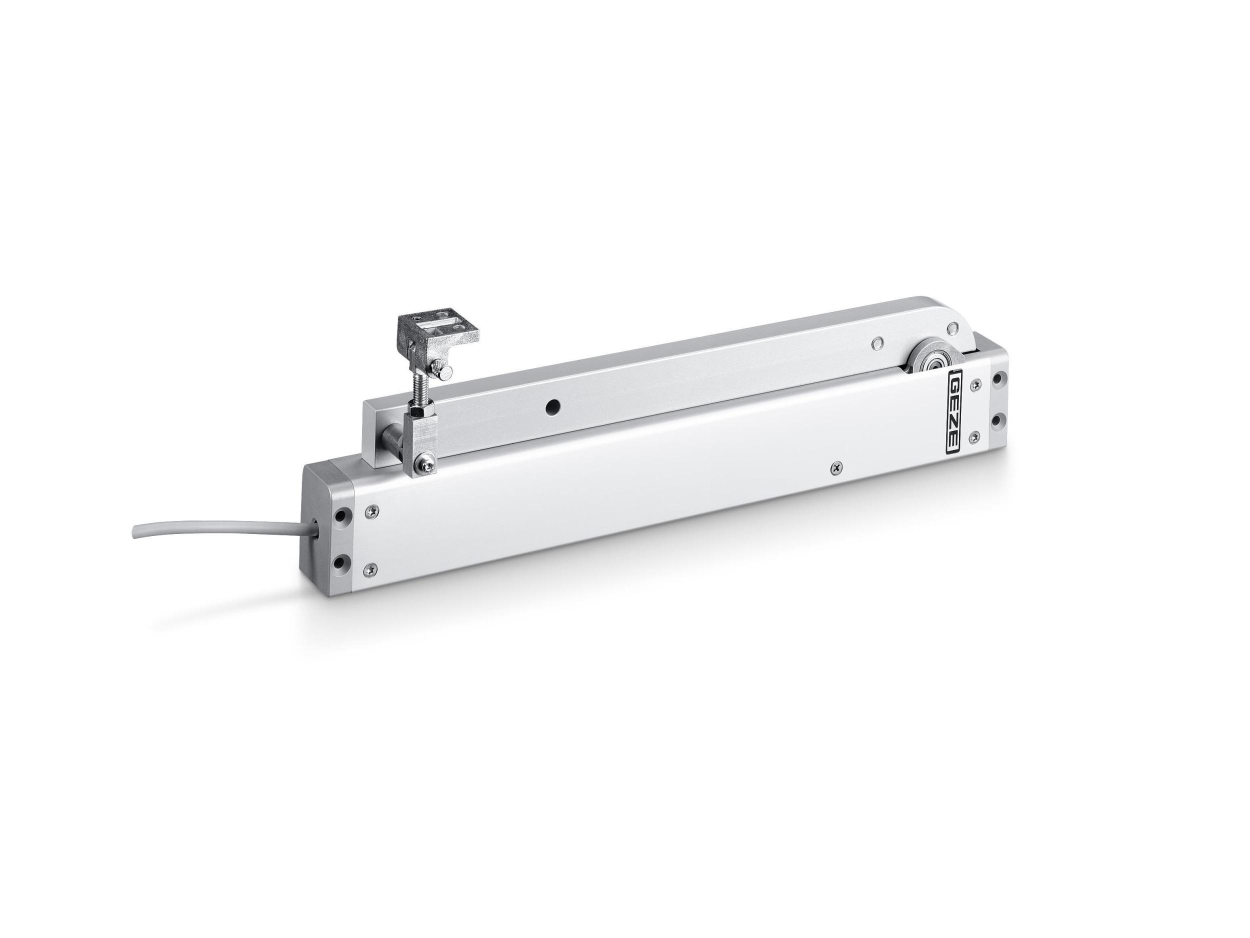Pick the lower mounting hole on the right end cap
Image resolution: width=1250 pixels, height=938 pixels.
click(999, 420)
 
